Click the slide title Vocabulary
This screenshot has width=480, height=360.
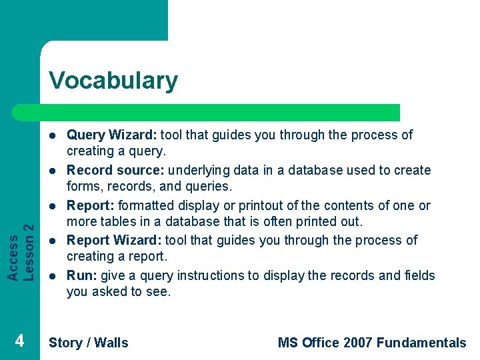coord(113,81)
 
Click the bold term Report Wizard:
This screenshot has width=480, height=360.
coord(114,241)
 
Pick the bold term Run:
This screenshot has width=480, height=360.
coord(82,276)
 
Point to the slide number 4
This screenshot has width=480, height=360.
coord(20,341)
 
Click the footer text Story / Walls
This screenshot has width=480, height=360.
coord(88,343)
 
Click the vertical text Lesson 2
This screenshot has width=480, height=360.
coord(29,241)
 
